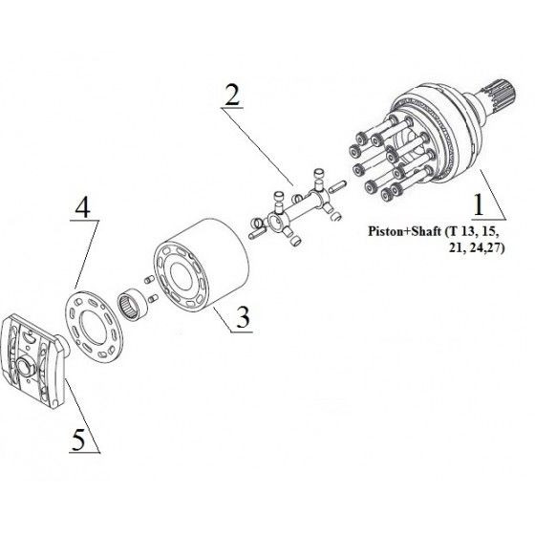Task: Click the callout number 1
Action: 479,204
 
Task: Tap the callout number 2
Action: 232,95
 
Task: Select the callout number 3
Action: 243,317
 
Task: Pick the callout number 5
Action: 78,439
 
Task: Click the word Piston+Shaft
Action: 405,231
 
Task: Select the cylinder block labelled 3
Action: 201,266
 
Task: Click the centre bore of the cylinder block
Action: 181,277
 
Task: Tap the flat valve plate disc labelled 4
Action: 94,326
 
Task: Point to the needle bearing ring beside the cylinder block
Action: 133,300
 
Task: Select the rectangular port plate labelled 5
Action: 33,362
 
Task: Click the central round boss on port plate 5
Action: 25,368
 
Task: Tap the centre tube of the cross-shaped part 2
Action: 297,205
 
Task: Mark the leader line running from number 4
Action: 87,254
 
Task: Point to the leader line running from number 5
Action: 82,415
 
